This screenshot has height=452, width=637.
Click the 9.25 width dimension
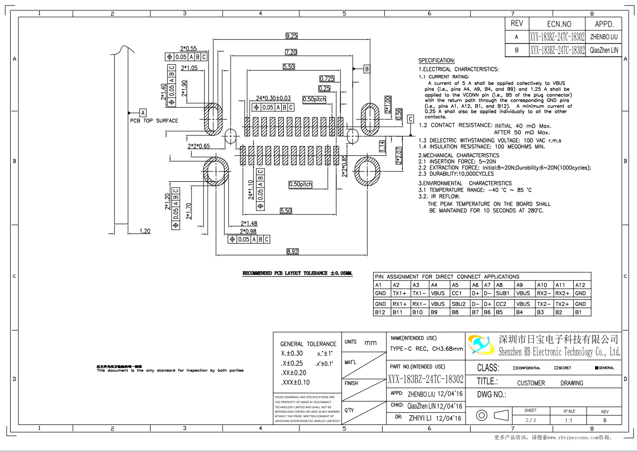click(x=291, y=36)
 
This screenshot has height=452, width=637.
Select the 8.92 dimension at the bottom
click(x=292, y=251)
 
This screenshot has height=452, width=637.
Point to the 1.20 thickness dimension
click(x=145, y=231)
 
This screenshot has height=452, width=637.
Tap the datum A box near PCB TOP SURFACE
click(x=143, y=112)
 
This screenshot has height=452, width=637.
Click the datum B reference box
click(x=366, y=68)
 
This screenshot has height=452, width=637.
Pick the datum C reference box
click(x=410, y=119)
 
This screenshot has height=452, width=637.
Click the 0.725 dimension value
click(x=327, y=79)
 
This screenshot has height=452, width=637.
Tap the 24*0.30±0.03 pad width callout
click(x=273, y=98)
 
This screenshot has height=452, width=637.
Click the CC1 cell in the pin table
click(x=456, y=294)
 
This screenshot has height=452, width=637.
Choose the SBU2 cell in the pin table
click(x=459, y=304)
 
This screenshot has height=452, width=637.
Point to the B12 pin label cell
click(x=380, y=312)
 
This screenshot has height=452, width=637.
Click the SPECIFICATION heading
click(x=436, y=60)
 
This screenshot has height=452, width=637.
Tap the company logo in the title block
click(x=480, y=346)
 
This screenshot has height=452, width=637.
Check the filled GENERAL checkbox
click(x=596, y=368)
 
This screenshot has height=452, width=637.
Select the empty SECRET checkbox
click(x=556, y=368)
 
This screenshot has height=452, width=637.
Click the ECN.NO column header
click(x=559, y=24)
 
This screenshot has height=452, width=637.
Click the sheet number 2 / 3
click(x=530, y=420)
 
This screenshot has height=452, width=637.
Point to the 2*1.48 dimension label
click(x=249, y=223)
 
